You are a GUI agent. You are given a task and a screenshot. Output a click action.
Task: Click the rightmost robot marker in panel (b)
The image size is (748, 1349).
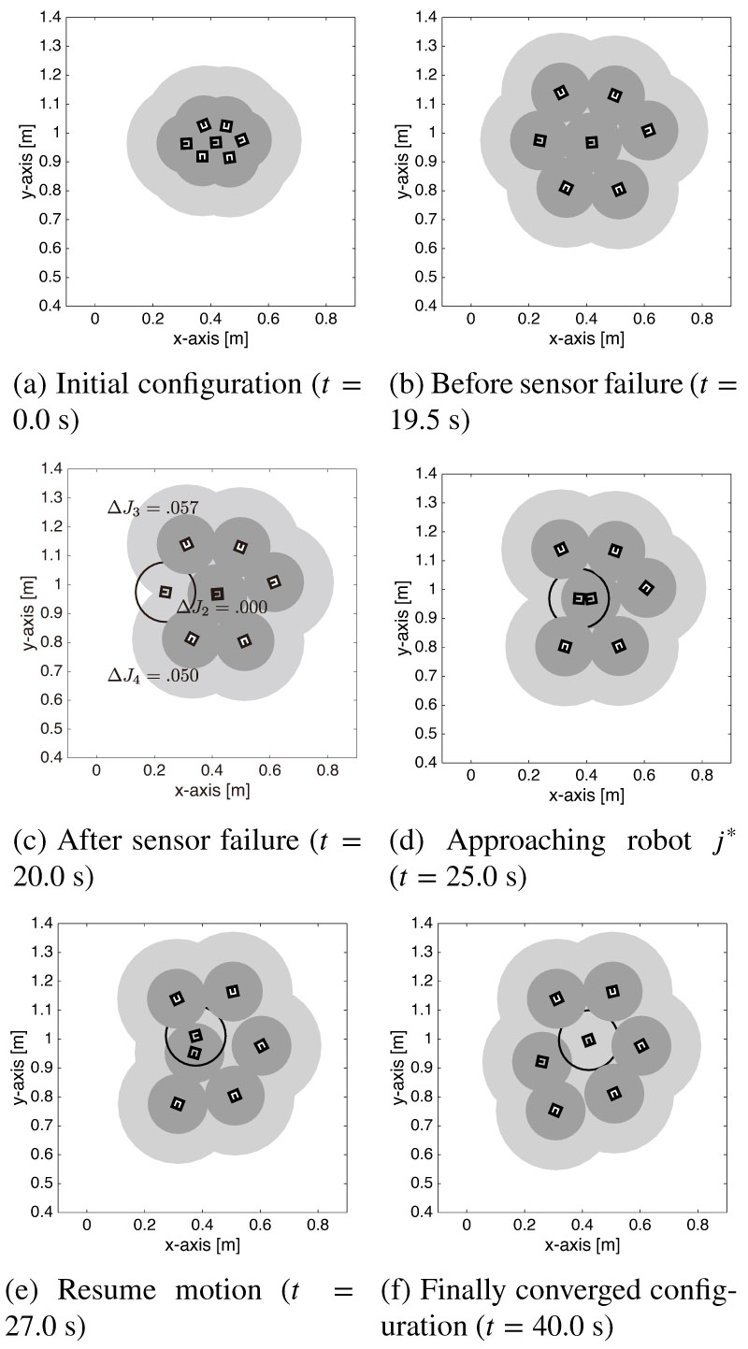point(648,130)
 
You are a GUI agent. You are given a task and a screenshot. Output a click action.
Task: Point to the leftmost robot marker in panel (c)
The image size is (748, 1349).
point(165,591)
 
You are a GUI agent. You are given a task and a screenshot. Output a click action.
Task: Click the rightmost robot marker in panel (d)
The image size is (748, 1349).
point(646,587)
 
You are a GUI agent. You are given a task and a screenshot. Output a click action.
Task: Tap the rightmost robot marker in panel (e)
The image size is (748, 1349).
point(262,1044)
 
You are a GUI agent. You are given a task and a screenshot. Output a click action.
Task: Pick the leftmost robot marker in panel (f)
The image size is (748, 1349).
point(541,1061)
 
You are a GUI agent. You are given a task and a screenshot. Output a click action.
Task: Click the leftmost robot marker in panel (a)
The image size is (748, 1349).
point(186,143)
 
